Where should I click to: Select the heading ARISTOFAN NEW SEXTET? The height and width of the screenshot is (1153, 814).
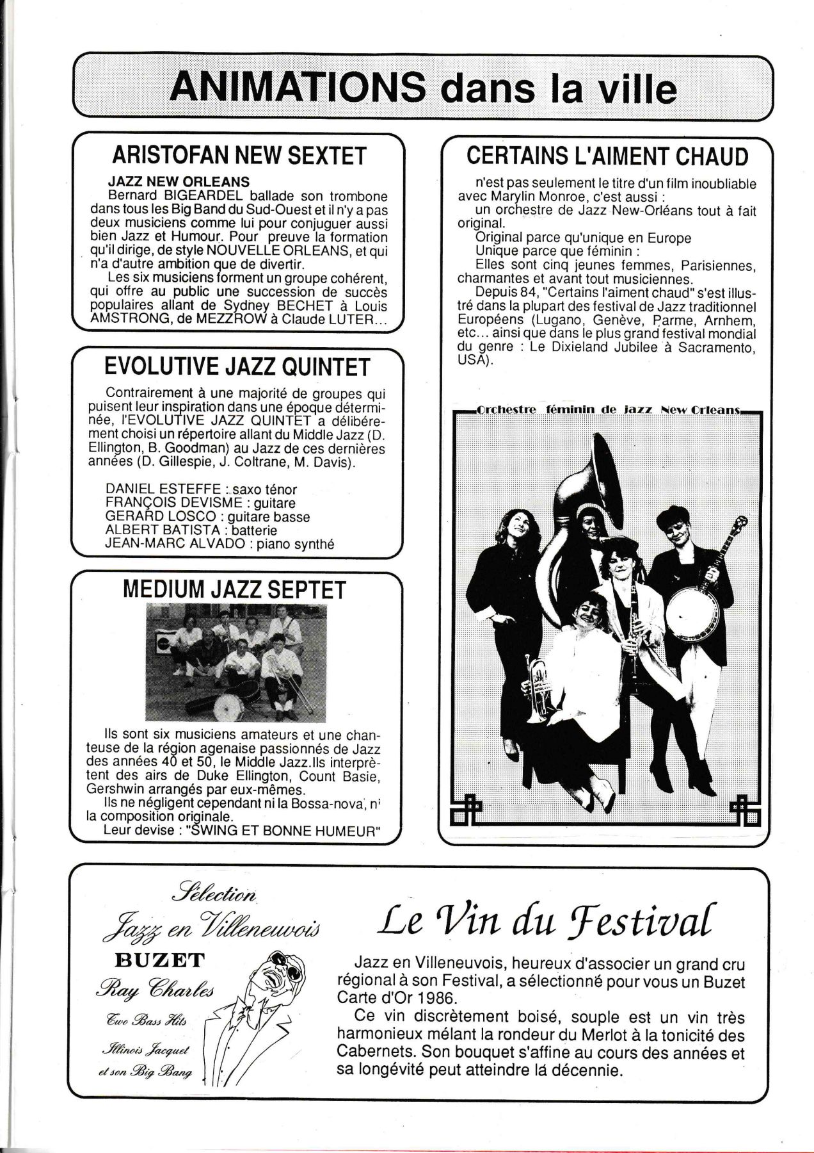[x=239, y=156]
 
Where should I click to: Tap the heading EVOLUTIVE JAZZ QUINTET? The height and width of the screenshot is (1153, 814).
[x=237, y=367]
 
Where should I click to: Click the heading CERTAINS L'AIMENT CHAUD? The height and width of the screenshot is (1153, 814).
[x=607, y=156]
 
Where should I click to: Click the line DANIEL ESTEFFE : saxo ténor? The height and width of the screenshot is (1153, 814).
[x=201, y=489]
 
